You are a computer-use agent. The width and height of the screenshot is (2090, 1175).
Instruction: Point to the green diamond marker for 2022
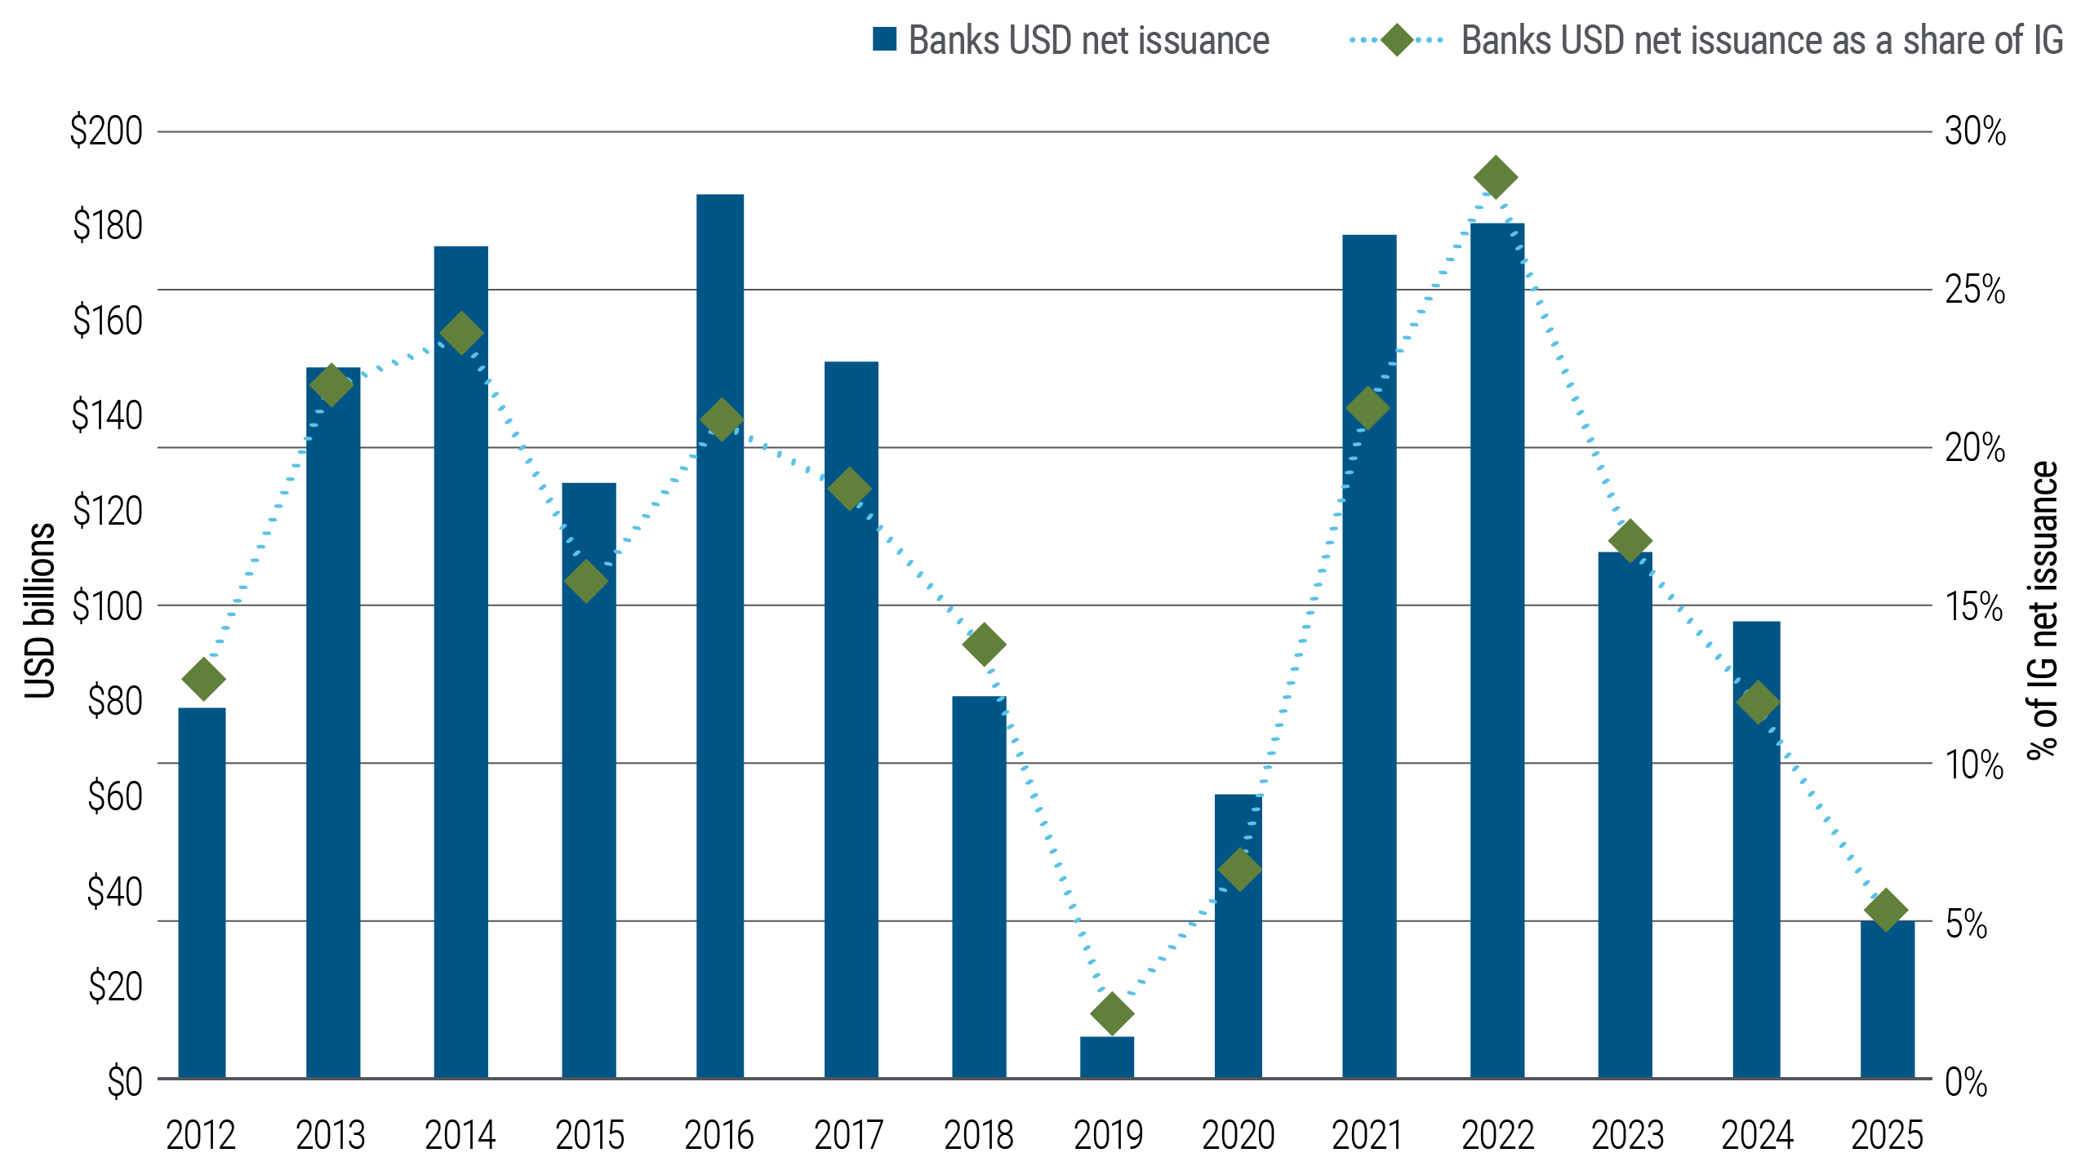(x=1496, y=177)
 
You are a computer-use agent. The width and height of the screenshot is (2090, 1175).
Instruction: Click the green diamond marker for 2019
(x=1111, y=1013)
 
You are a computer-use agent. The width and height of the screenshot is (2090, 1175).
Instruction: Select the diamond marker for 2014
(x=461, y=333)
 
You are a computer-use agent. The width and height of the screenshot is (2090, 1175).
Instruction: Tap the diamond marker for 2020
(x=1239, y=869)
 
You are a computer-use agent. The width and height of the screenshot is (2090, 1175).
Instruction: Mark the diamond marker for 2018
(x=984, y=645)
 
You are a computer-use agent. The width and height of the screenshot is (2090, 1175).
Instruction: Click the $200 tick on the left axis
(x=106, y=131)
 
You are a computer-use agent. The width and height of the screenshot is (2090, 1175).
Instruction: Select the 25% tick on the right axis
(x=1974, y=290)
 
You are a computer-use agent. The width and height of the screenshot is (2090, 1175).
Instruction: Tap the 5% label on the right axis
(x=1966, y=924)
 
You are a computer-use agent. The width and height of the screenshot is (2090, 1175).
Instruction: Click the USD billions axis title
(x=39, y=610)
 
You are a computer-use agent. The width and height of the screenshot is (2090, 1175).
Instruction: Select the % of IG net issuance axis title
(x=2043, y=610)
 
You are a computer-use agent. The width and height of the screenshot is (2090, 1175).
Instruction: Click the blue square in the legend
(x=885, y=39)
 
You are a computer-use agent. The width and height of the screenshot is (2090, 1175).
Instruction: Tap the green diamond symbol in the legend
(x=1396, y=39)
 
